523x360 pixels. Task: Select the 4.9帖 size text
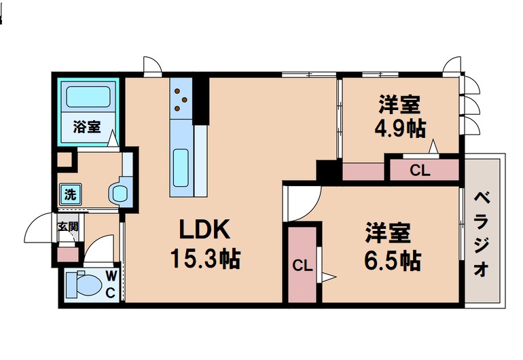click(x=400, y=129)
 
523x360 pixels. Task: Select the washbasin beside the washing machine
click(x=119, y=193)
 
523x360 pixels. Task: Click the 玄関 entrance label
click(x=67, y=227)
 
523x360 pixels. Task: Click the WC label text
click(x=111, y=284)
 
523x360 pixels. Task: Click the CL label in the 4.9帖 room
click(x=420, y=171)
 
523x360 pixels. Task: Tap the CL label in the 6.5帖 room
click(x=302, y=266)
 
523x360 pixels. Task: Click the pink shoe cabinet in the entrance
click(x=67, y=255)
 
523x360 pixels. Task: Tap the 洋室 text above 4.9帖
click(x=399, y=105)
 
